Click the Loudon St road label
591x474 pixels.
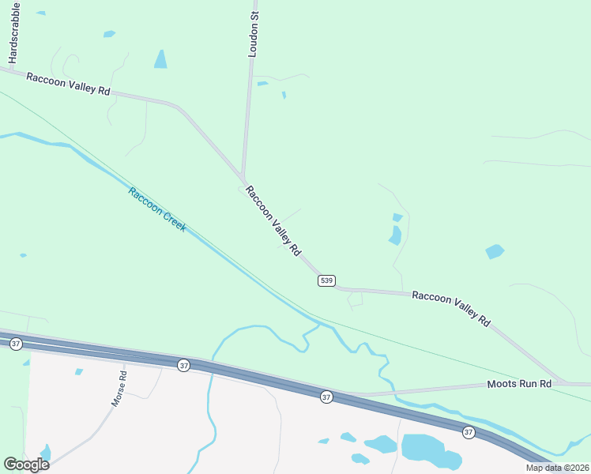pyautogui.click(x=254, y=34)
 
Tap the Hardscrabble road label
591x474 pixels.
pyautogui.click(x=13, y=33)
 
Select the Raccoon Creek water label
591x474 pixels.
pyautogui.click(x=156, y=209)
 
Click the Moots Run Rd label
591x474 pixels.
pyautogui.click(x=518, y=384)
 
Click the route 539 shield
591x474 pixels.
pyautogui.click(x=327, y=280)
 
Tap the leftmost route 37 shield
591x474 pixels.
pyautogui.click(x=16, y=344)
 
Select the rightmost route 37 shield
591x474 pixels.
pyautogui.click(x=469, y=432)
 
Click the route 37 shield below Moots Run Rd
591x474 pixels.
pyautogui.click(x=326, y=397)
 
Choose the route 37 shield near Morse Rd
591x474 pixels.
pyautogui.click(x=183, y=365)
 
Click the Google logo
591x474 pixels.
pyautogui.click(x=26, y=465)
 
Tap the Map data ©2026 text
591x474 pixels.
pyautogui.click(x=557, y=468)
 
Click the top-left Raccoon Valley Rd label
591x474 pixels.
pyautogui.click(x=68, y=84)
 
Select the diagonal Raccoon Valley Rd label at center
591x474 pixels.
pyautogui.click(x=273, y=220)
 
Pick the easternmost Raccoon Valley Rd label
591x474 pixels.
pyautogui.click(x=451, y=308)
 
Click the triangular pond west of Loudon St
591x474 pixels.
pyautogui.click(x=161, y=60)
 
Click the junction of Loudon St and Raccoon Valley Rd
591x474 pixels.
pyautogui.click(x=243, y=179)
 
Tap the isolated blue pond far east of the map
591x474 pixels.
pyautogui.click(x=495, y=252)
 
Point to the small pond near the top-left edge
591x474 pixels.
pyautogui.click(x=109, y=34)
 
